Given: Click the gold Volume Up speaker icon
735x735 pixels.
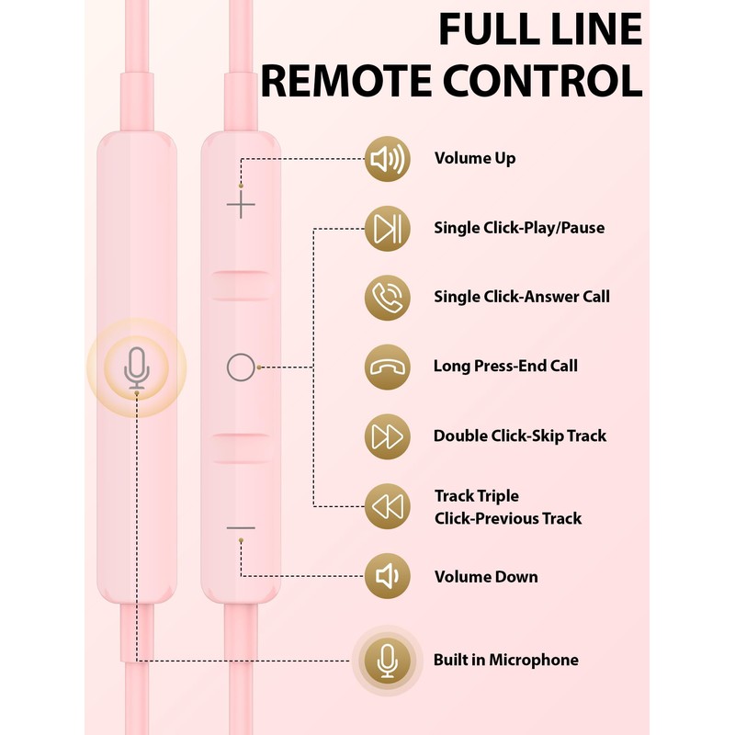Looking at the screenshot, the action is pos(387,159).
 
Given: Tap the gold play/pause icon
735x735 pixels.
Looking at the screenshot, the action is pos(387,228).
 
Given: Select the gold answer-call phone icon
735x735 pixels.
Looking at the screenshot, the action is pos(387,298).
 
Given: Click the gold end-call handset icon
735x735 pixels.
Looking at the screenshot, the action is pos(387,367).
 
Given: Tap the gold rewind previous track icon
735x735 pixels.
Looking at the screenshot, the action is pos(387,506).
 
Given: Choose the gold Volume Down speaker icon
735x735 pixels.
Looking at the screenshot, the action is pos(387,576).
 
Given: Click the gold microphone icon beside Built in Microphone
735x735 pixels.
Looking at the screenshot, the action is pos(387,661).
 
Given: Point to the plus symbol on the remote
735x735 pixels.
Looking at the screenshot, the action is pos(241,204).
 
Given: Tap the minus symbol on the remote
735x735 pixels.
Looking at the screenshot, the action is pos(241,527).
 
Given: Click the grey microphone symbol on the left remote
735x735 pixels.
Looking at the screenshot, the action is pos(136,368).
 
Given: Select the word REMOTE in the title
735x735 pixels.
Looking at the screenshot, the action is pos(346,81).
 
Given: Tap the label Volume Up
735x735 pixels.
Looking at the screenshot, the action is pos(475,158).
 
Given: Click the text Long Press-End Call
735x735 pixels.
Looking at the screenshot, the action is pos(505,366).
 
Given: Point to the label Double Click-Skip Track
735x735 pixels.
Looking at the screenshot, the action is pos(520,435).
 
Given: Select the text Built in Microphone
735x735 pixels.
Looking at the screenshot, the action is pos(506,660).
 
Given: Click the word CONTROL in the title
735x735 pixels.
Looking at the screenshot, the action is pos(543,81).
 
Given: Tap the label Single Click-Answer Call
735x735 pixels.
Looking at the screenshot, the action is pos(522,296).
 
